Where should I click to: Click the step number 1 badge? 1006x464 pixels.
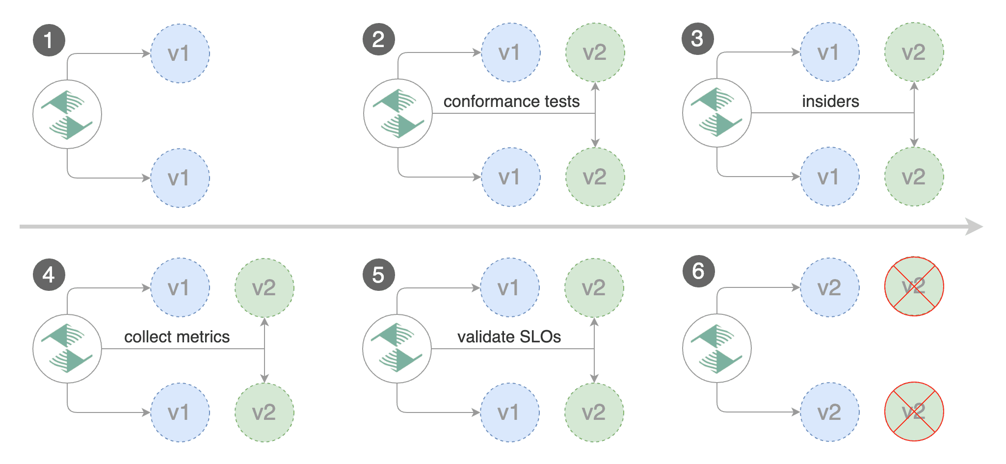(x=49, y=40)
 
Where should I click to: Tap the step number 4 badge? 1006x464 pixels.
(x=49, y=275)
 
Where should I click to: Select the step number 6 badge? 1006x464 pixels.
(x=698, y=271)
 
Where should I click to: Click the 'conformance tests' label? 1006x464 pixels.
(x=511, y=102)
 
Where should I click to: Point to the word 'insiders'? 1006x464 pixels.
(x=830, y=102)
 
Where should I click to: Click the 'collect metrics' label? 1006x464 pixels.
(x=177, y=337)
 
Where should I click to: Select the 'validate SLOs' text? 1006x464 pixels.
(x=509, y=337)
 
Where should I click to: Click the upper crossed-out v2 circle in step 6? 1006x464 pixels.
(x=914, y=286)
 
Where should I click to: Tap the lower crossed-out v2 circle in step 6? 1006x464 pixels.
(x=914, y=412)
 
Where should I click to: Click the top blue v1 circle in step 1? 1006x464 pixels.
(x=180, y=53)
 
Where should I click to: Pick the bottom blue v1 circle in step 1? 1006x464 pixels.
(x=180, y=178)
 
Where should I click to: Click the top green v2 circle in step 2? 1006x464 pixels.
(x=595, y=52)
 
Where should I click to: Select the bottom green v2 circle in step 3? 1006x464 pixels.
(x=914, y=177)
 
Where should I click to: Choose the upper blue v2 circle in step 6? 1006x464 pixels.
(x=829, y=287)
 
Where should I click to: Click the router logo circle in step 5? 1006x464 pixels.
(x=397, y=349)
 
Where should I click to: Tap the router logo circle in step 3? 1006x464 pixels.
(x=716, y=113)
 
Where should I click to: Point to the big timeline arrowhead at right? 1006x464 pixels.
(x=974, y=227)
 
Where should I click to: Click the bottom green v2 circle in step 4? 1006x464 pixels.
(x=265, y=412)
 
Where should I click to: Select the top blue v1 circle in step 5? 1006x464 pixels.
(x=509, y=287)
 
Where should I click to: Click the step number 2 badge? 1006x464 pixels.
(x=378, y=39)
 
